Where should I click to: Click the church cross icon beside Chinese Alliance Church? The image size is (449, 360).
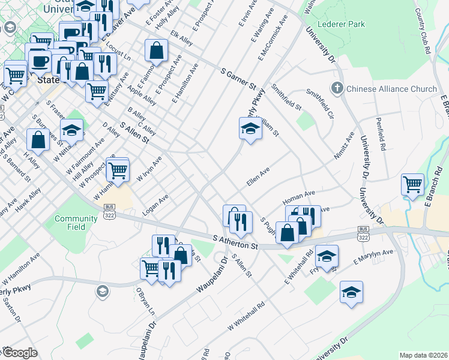(337, 89)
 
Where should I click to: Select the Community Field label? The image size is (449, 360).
(76, 223)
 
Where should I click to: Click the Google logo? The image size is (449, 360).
(19, 352)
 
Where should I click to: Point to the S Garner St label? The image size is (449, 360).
(238, 78)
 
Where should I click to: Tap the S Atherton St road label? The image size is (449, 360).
(236, 242)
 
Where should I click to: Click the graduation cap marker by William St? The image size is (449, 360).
(250, 128)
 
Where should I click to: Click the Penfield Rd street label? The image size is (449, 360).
(381, 137)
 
